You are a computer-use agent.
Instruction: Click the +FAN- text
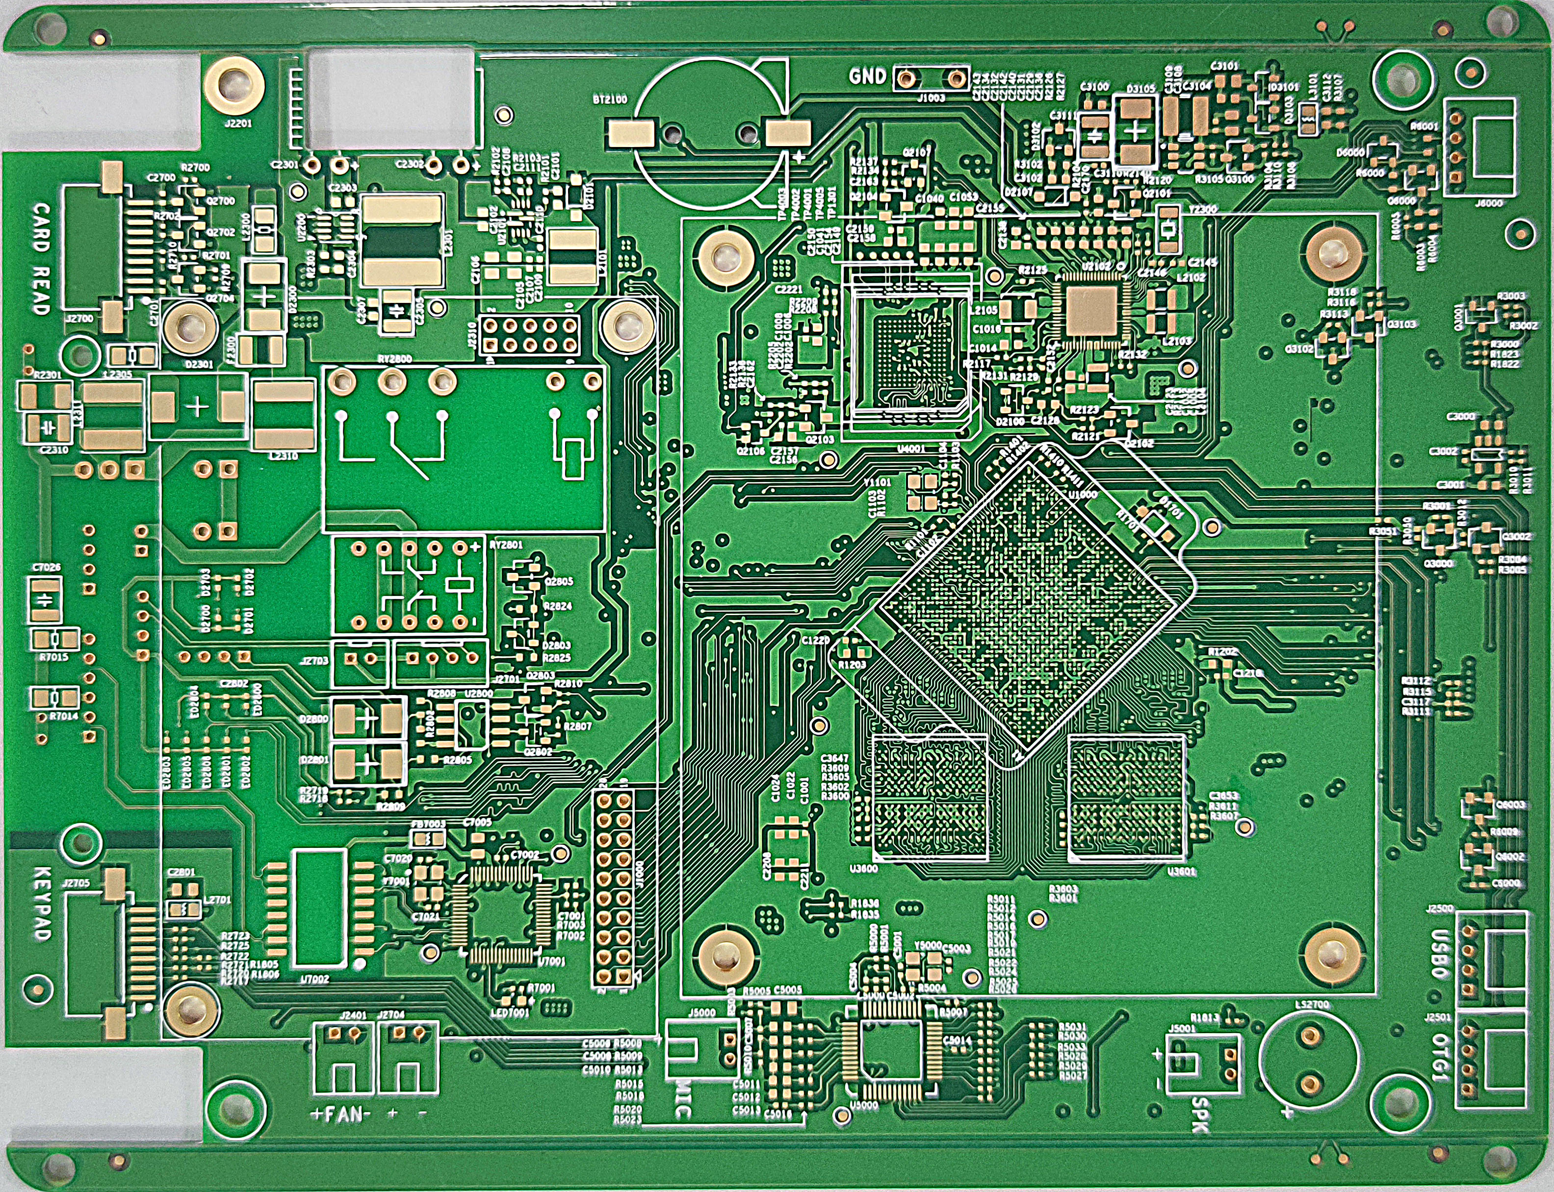click(x=341, y=1115)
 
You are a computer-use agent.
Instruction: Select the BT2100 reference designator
click(x=610, y=100)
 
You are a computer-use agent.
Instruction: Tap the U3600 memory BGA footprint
click(x=929, y=798)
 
